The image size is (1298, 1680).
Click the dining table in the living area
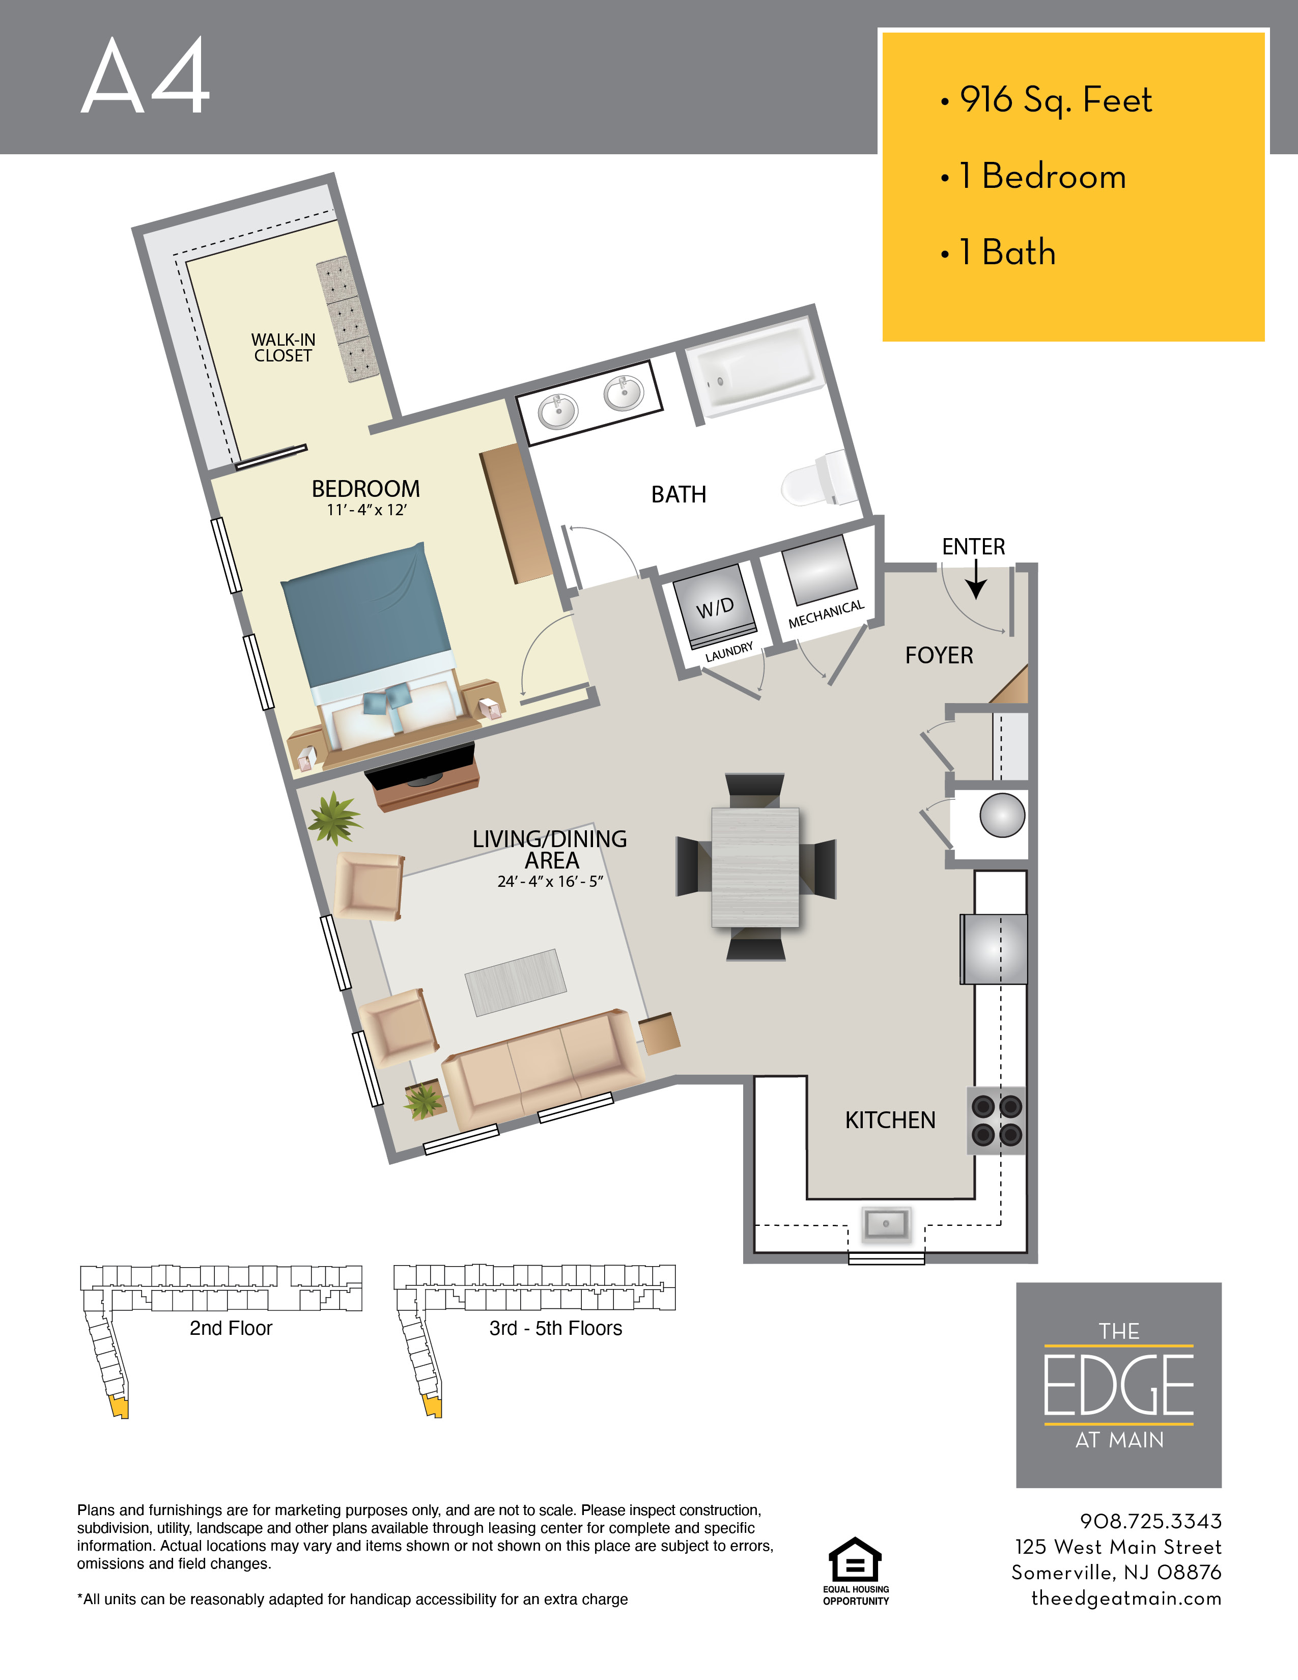[755, 867]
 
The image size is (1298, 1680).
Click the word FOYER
[939, 655]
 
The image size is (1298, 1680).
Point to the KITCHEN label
[890, 1120]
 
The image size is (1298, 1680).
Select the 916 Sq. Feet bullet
[1047, 100]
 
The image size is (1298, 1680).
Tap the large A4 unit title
[146, 77]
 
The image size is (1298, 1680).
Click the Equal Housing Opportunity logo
[856, 1572]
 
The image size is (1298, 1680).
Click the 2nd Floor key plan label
[231, 1328]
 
